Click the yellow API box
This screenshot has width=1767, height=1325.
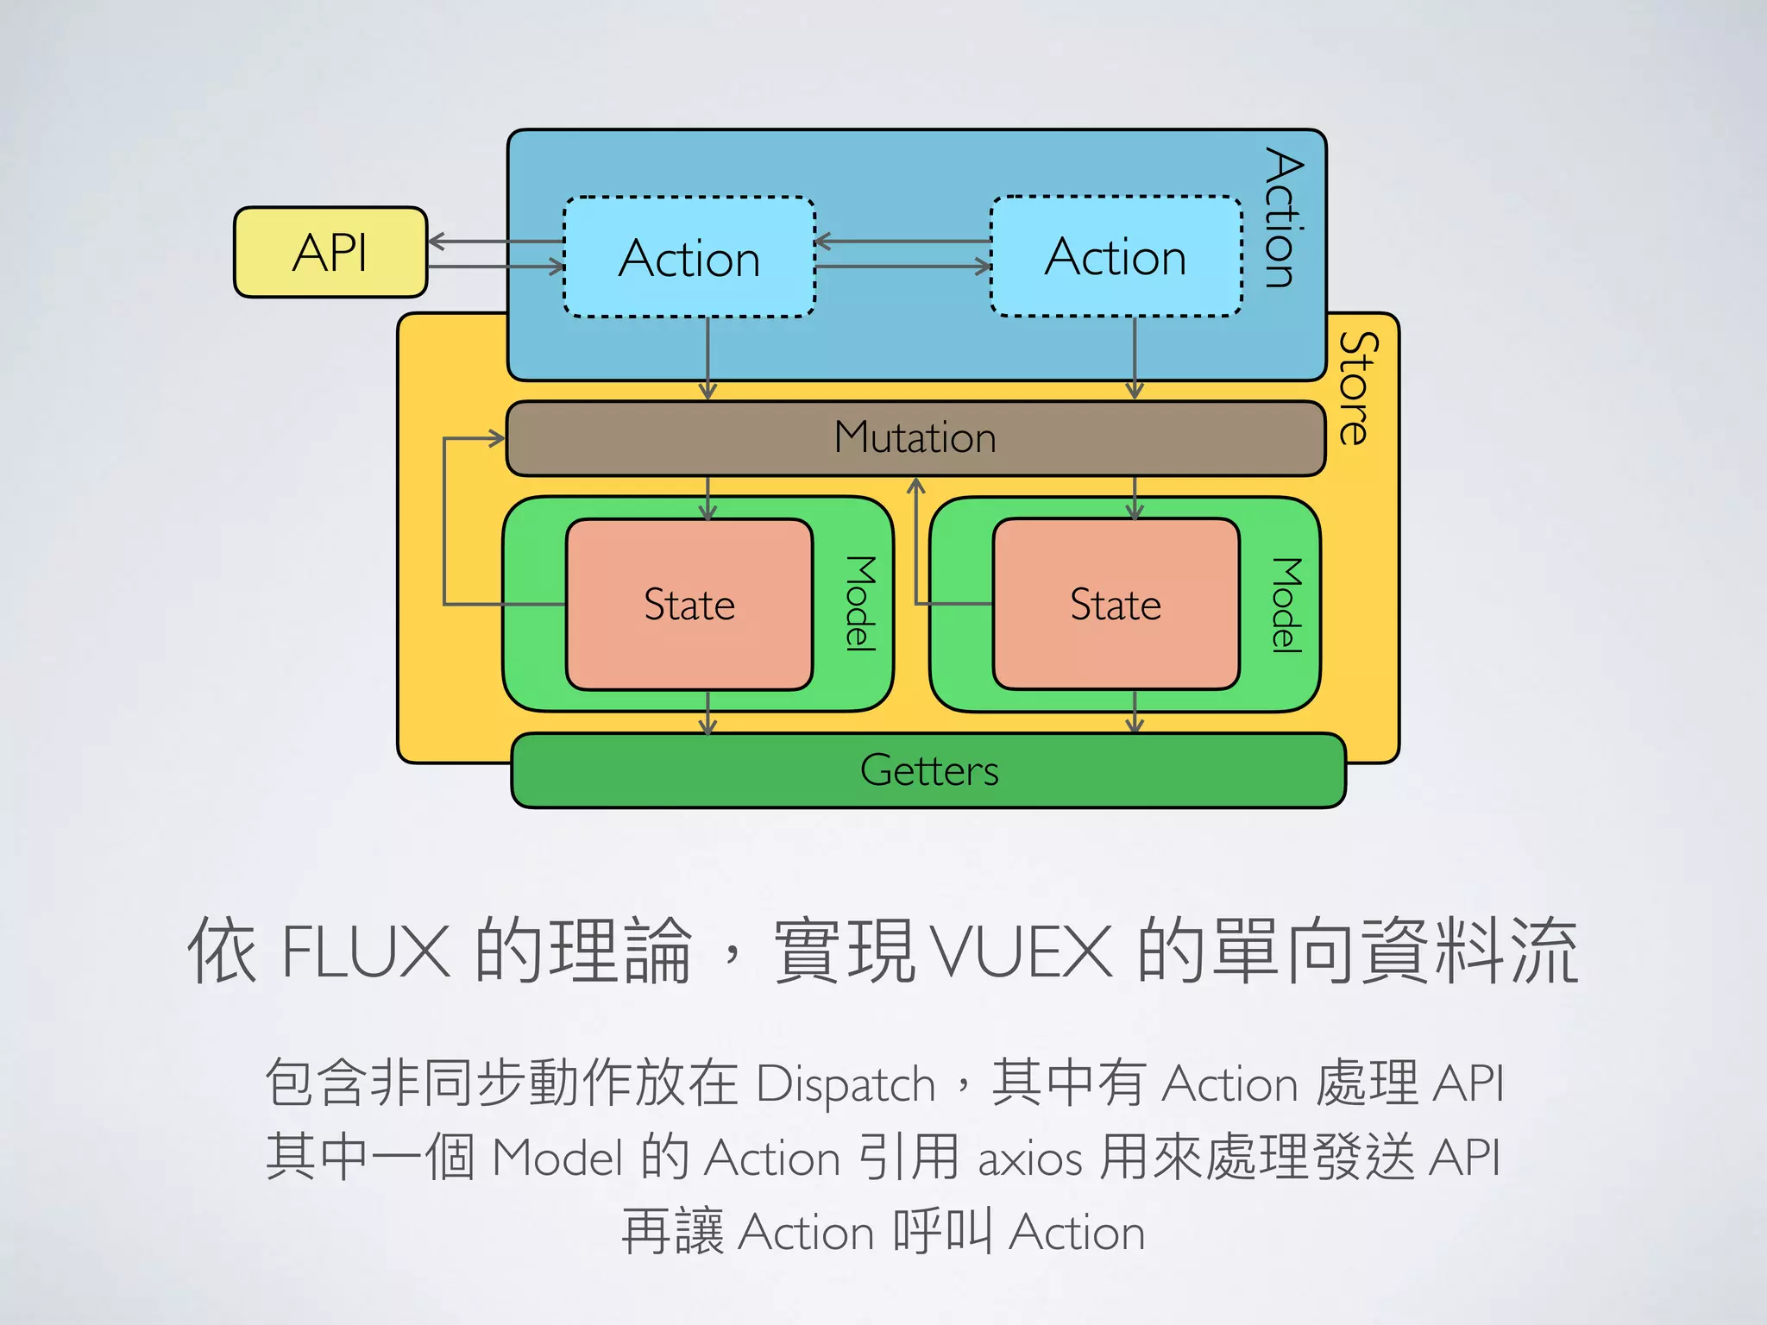[330, 252]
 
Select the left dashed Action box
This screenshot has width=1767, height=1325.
[689, 258]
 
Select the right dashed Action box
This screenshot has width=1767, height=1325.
[1116, 256]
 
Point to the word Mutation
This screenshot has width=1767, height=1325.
[915, 437]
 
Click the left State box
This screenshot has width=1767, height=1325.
[689, 604]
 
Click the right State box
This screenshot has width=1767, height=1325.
[1116, 604]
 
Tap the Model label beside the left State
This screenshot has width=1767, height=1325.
[859, 603]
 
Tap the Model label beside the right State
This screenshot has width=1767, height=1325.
[1286, 605]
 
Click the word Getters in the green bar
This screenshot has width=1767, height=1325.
[929, 770]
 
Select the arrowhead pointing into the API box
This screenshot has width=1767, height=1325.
[436, 242]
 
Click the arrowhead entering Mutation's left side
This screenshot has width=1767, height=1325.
[497, 438]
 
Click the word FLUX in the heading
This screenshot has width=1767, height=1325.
[366, 951]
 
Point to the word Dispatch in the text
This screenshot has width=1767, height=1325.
[846, 1083]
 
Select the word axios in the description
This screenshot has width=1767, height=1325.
[1029, 1158]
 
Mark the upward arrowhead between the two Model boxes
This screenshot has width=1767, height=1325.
[916, 487]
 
